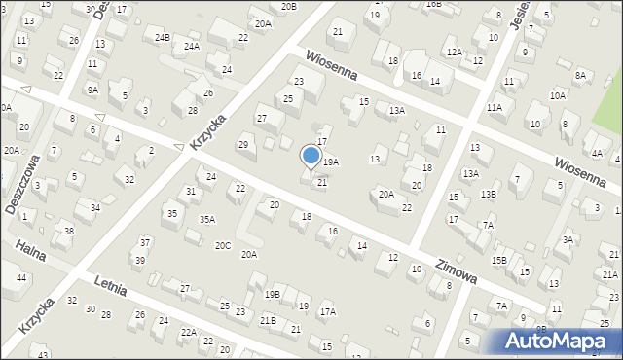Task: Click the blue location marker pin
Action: coord(311,156)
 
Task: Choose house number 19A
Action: coord(331,162)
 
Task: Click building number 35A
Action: coord(207,220)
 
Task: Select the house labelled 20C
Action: coord(223,245)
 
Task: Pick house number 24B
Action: coord(163,38)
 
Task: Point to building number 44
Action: coord(21,278)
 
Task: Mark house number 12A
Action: coord(454,52)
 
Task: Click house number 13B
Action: coord(488,194)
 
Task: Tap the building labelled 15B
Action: coord(499,260)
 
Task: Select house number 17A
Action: coord(328,311)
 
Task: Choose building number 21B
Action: coord(268,320)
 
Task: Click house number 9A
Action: coord(92,90)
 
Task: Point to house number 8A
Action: coord(581,75)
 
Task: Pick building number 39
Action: coord(140,260)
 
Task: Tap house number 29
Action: coord(243,145)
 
